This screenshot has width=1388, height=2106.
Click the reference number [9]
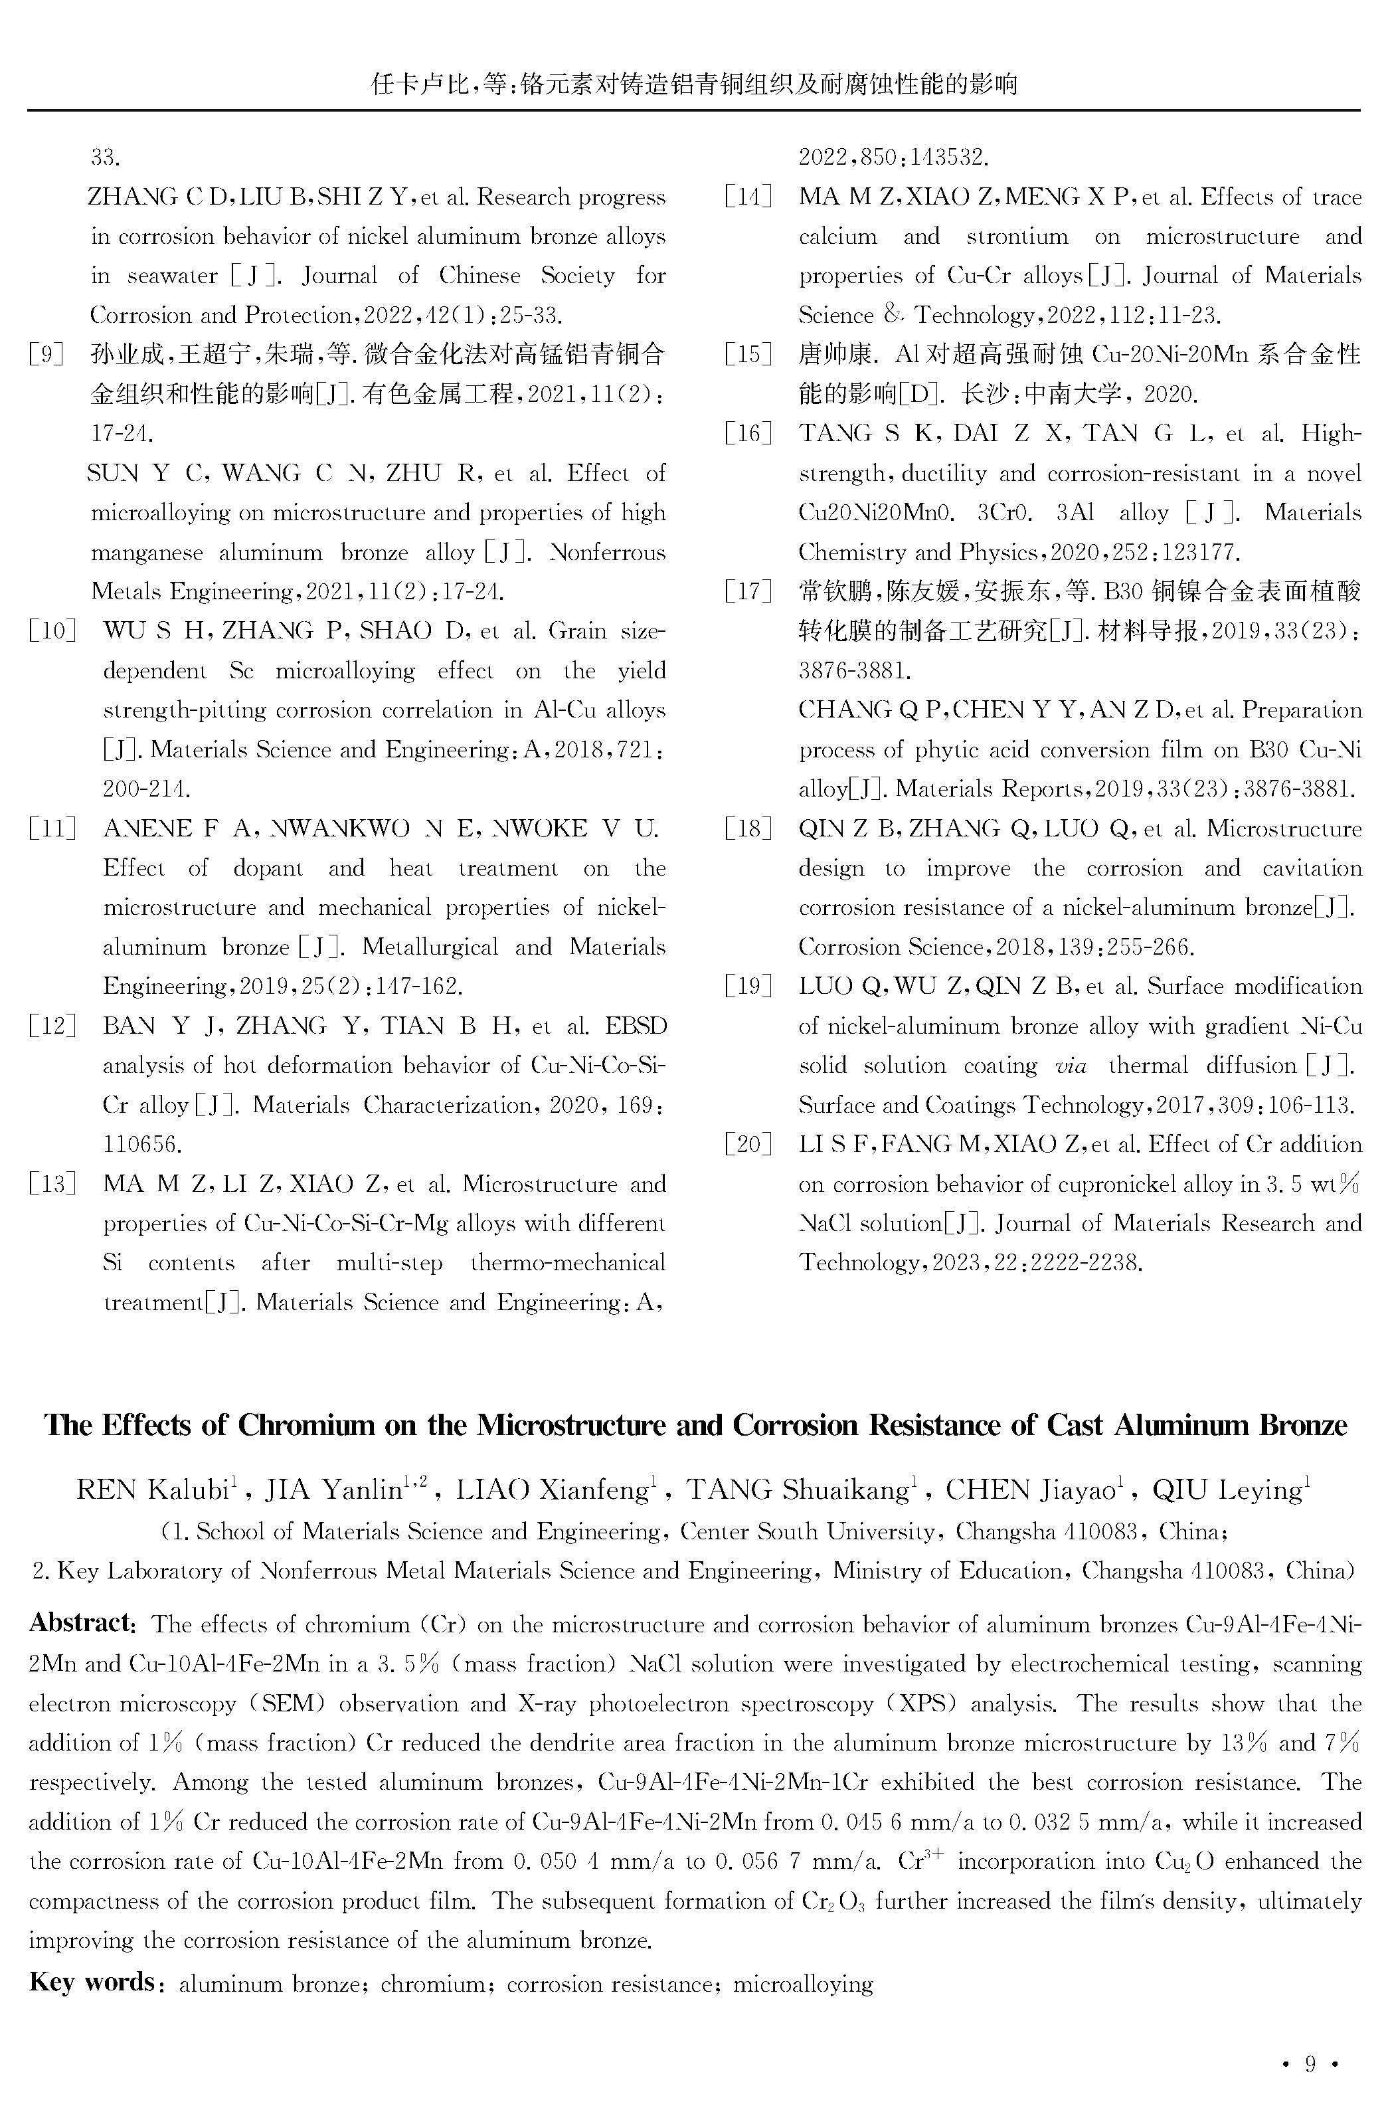point(46,355)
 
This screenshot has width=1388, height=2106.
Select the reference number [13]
point(51,1184)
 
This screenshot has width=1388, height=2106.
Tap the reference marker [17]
point(748,591)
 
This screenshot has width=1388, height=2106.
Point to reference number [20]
point(748,1144)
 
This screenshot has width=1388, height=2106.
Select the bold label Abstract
point(80,1622)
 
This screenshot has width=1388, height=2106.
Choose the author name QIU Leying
point(1226,1491)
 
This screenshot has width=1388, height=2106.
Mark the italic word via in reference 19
point(1071,1065)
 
